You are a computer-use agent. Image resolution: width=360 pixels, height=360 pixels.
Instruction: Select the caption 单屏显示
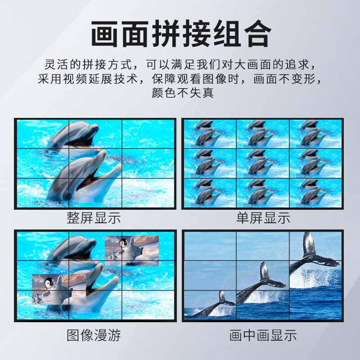click(x=263, y=218)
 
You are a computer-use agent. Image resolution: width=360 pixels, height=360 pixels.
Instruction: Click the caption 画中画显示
click(x=263, y=335)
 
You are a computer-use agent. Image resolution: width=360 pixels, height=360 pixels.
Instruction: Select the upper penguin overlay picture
click(x=132, y=250)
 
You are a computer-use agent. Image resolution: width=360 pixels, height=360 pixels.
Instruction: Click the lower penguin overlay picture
click(x=58, y=288)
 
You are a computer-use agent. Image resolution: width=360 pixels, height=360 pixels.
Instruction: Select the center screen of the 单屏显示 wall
click(x=262, y=163)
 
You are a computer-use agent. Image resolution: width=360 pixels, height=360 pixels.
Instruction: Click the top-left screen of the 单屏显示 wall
click(x=209, y=134)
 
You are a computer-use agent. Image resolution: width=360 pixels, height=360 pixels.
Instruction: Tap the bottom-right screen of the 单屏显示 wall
click(x=316, y=193)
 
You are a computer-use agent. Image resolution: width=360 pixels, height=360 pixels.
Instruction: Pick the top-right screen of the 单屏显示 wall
click(x=316, y=134)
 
